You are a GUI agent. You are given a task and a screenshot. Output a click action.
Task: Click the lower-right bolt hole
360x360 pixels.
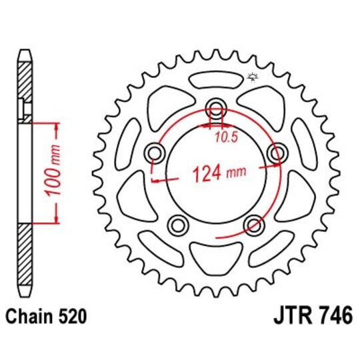coord(253,223)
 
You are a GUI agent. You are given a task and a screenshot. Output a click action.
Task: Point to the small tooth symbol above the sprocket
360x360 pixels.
coord(252,78)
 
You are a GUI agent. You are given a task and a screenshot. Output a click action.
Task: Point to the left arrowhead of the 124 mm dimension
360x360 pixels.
coord(156,179)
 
